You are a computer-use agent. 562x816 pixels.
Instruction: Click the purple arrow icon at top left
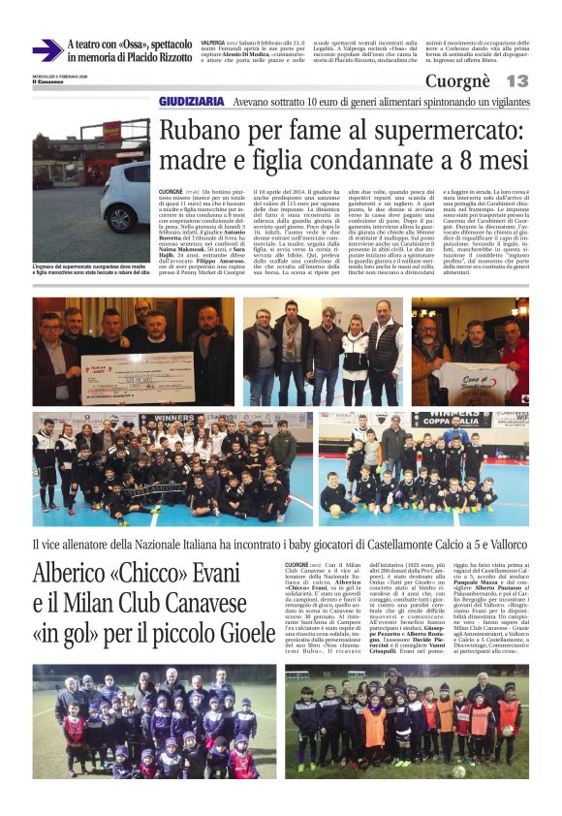[47, 50]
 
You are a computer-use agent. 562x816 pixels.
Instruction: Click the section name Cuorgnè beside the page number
[458, 81]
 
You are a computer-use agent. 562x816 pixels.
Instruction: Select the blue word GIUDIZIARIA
[193, 102]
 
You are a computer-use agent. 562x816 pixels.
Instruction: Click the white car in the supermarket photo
[124, 194]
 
